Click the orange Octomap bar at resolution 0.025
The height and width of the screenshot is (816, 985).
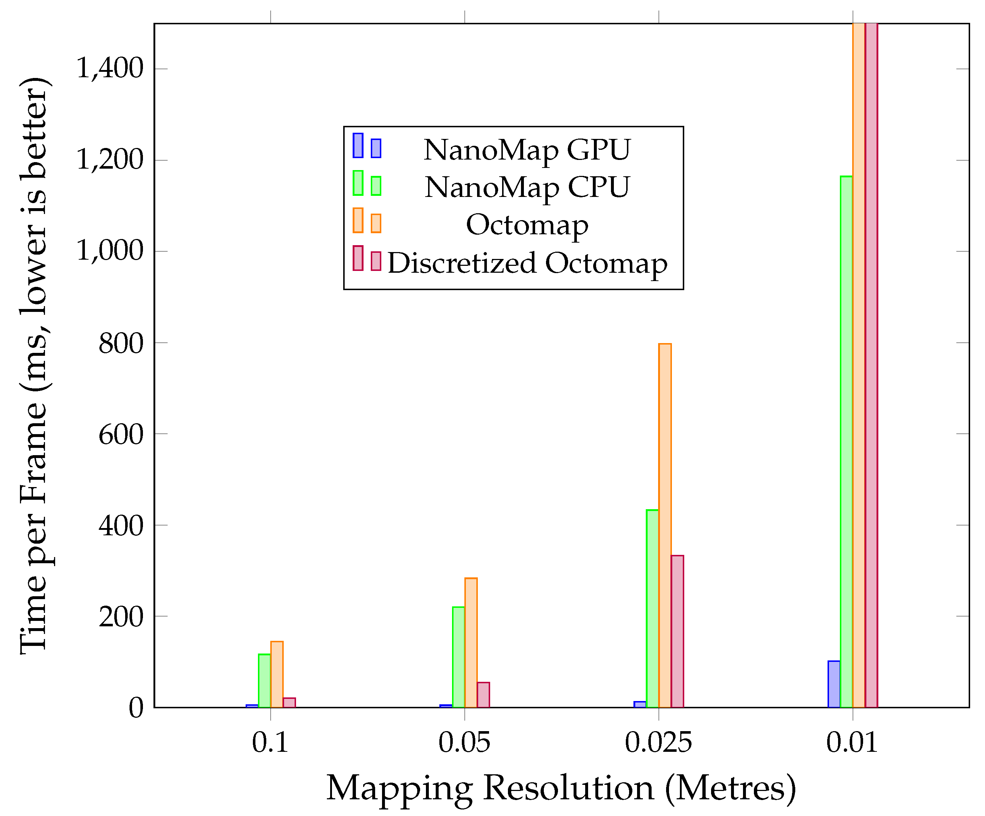point(665,525)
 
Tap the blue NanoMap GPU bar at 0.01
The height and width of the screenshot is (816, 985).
point(834,684)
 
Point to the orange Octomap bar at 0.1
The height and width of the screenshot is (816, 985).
point(277,674)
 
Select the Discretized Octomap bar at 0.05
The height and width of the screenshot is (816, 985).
point(483,695)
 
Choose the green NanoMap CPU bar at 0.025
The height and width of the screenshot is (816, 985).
point(652,608)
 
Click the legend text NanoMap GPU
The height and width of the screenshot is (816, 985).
point(527,150)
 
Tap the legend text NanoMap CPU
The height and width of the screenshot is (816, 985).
point(527,187)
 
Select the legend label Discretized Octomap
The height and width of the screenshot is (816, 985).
point(527,263)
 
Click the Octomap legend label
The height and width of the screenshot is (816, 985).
point(527,225)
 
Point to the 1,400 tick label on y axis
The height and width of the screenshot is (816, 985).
point(109,69)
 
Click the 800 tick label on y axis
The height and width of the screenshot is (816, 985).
point(120,344)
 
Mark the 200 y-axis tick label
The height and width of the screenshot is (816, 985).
point(120,617)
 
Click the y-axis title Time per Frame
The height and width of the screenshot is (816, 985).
point(34,366)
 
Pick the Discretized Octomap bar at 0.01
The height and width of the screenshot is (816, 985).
point(871,366)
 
